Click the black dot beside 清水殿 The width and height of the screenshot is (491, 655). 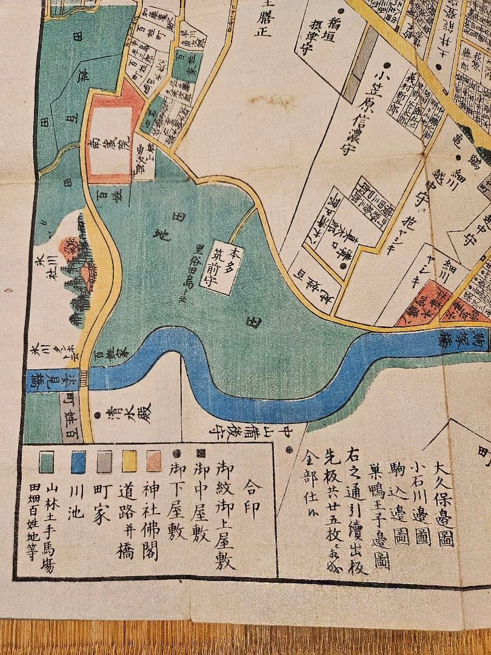(98, 415)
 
